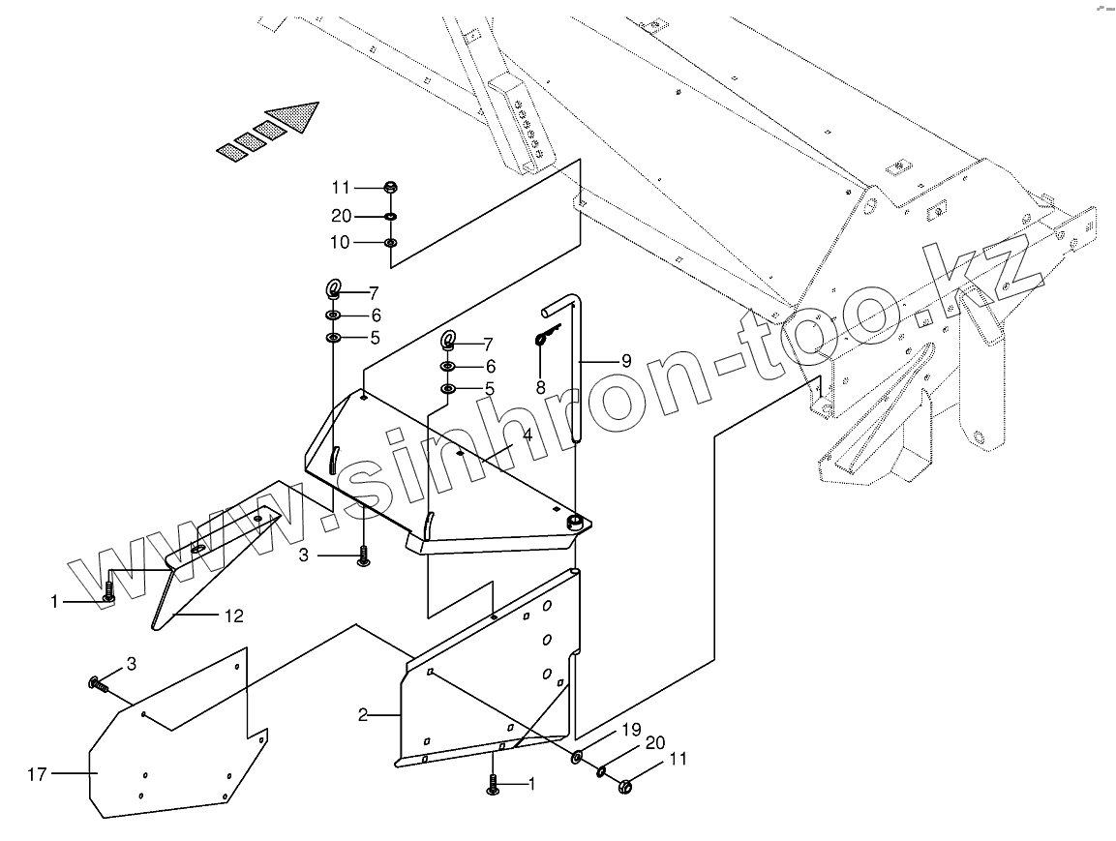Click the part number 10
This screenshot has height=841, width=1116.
click(340, 242)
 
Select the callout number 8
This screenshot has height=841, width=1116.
click(540, 387)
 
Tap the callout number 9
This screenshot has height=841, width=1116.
click(626, 361)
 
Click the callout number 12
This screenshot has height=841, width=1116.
click(234, 615)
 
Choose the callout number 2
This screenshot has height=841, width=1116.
click(363, 716)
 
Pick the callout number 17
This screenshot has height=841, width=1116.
click(37, 773)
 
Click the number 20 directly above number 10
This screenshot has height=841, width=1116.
click(340, 216)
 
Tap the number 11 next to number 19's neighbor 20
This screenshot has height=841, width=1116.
click(678, 760)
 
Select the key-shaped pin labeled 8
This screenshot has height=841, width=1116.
click(545, 338)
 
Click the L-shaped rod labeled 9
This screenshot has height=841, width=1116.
click(576, 368)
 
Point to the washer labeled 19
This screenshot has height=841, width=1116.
click(577, 756)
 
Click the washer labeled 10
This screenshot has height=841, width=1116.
click(390, 242)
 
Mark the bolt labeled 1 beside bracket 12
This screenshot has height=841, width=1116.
click(108, 592)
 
